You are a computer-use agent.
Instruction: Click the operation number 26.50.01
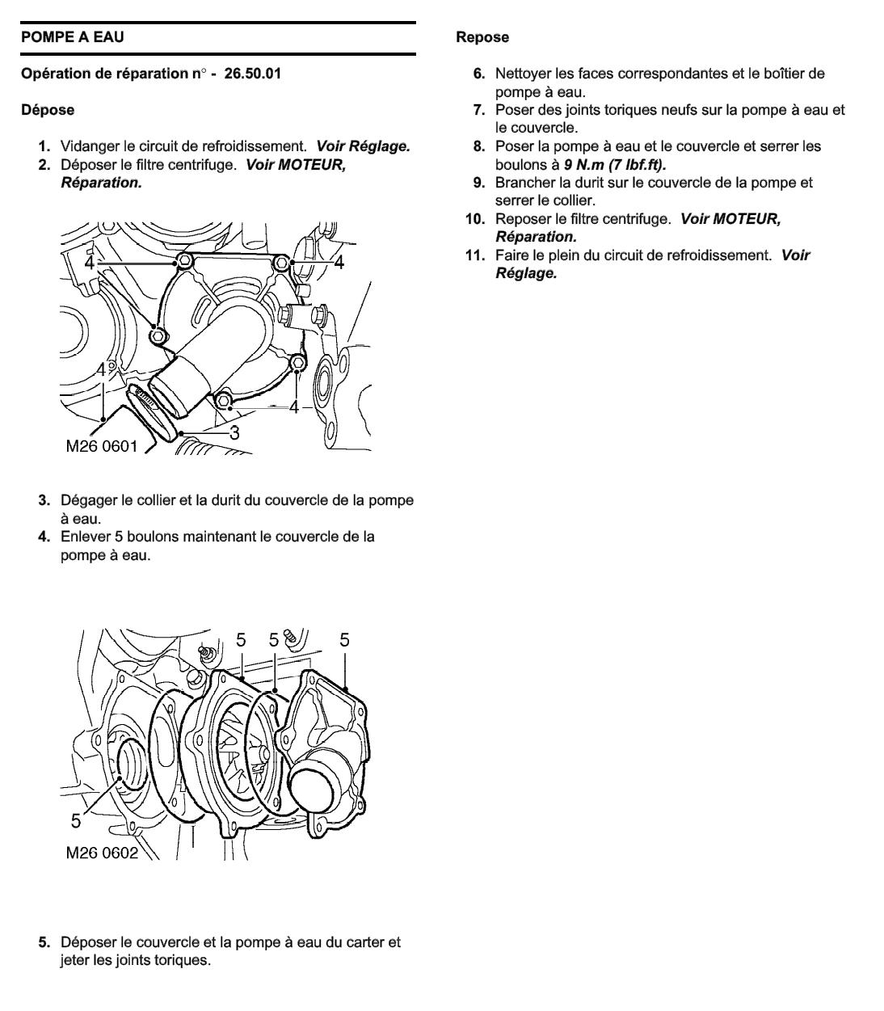pyautogui.click(x=253, y=74)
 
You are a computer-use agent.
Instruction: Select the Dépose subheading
pyautogui.click(x=48, y=110)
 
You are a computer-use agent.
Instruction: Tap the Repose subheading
pyautogui.click(x=482, y=37)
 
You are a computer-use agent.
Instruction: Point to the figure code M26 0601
pyautogui.click(x=102, y=445)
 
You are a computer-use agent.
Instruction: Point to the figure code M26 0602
pyautogui.click(x=102, y=853)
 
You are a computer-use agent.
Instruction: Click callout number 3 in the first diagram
pyautogui.click(x=234, y=432)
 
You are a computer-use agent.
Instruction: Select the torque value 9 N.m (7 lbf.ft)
pyautogui.click(x=615, y=164)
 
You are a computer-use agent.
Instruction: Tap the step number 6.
pyautogui.click(x=480, y=74)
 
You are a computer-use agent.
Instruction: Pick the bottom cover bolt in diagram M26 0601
pyautogui.click(x=224, y=399)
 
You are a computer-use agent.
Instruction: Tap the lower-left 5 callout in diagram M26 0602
pyautogui.click(x=75, y=821)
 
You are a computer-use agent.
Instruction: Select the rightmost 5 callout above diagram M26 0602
pyautogui.click(x=344, y=640)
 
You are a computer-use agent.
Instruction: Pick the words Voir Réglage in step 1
pyautogui.click(x=363, y=146)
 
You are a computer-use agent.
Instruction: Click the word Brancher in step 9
pyautogui.click(x=524, y=183)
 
